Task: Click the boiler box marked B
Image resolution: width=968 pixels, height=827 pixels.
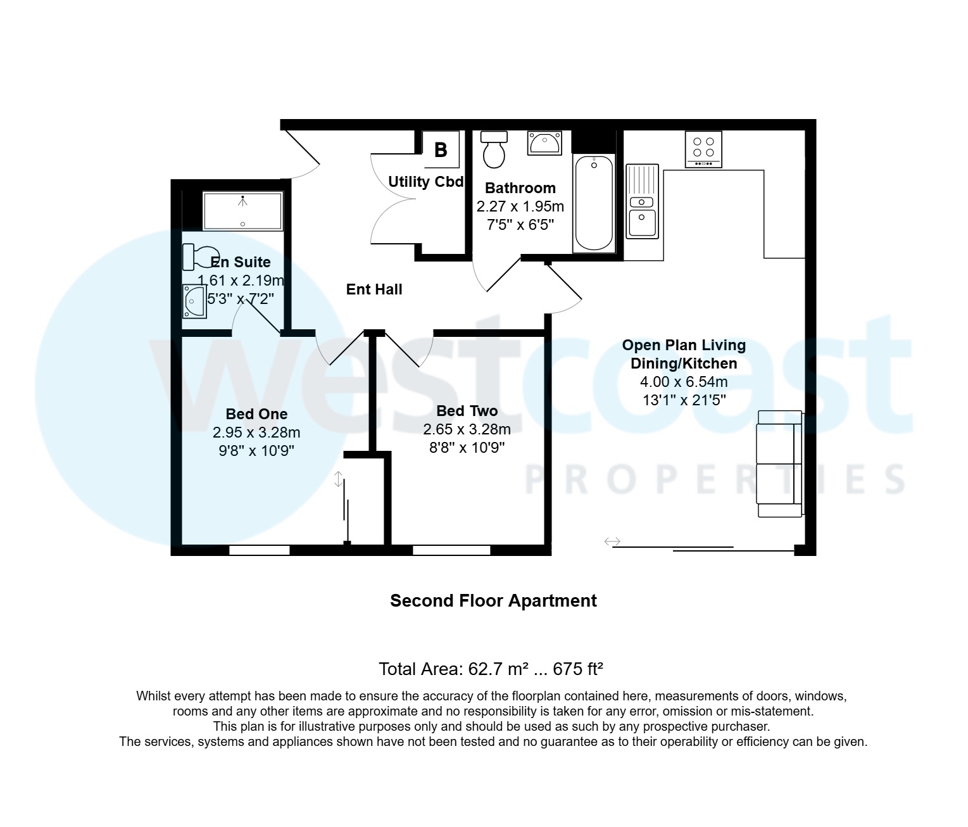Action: (x=441, y=150)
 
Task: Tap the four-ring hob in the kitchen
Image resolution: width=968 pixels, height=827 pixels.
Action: (x=703, y=149)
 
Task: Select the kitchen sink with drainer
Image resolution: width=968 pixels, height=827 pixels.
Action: (x=642, y=201)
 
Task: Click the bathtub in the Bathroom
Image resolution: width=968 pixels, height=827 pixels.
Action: (x=593, y=203)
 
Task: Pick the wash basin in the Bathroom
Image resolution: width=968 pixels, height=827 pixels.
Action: (x=544, y=143)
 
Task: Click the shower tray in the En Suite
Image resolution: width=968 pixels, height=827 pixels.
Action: (x=242, y=211)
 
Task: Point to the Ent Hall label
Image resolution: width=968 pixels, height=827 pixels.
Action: (x=374, y=289)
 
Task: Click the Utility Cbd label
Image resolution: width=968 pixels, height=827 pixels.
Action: (x=425, y=182)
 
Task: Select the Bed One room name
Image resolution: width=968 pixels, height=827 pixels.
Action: (x=256, y=414)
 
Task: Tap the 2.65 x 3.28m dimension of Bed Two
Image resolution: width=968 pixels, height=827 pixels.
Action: (x=467, y=429)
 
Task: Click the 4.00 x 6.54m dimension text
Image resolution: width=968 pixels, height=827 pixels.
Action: (x=684, y=382)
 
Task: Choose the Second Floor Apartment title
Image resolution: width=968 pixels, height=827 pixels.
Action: (x=493, y=600)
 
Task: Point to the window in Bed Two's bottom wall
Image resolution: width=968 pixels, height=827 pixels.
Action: (x=451, y=550)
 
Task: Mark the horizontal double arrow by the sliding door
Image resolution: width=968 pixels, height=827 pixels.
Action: (x=612, y=541)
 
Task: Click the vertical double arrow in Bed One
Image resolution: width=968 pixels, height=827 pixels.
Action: (x=339, y=479)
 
